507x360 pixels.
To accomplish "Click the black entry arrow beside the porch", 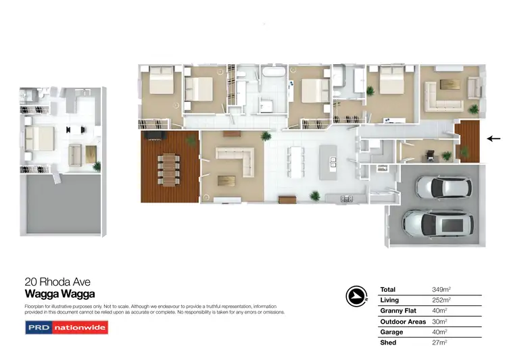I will pyautogui.click(x=493, y=140).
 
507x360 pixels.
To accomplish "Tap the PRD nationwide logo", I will pyautogui.click(x=66, y=328).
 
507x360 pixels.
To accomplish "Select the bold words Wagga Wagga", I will pyautogui.click(x=59, y=294).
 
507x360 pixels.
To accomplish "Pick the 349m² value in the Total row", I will pyautogui.click(x=441, y=290).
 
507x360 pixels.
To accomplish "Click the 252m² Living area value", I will pyautogui.click(x=441, y=301).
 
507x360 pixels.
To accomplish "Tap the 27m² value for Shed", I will pyautogui.click(x=439, y=344).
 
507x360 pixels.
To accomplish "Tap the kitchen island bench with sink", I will pyautogui.click(x=332, y=163).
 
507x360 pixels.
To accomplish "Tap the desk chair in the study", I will pyautogui.click(x=431, y=155).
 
